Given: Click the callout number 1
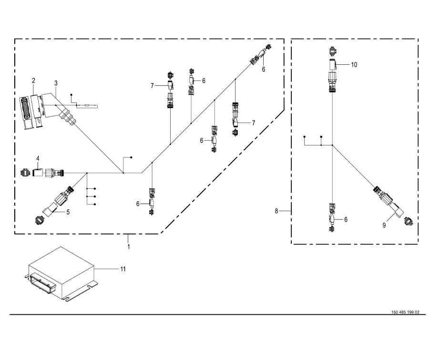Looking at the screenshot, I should [x=129, y=247].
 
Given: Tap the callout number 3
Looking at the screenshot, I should [x=56, y=83].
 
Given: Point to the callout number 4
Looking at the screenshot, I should [x=38, y=158].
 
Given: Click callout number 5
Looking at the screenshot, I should [x=68, y=212].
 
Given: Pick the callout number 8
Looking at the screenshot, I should [x=276, y=210].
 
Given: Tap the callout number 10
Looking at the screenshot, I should [x=354, y=64].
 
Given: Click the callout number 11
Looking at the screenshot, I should [x=123, y=269].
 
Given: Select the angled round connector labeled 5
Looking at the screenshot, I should [x=57, y=200].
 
